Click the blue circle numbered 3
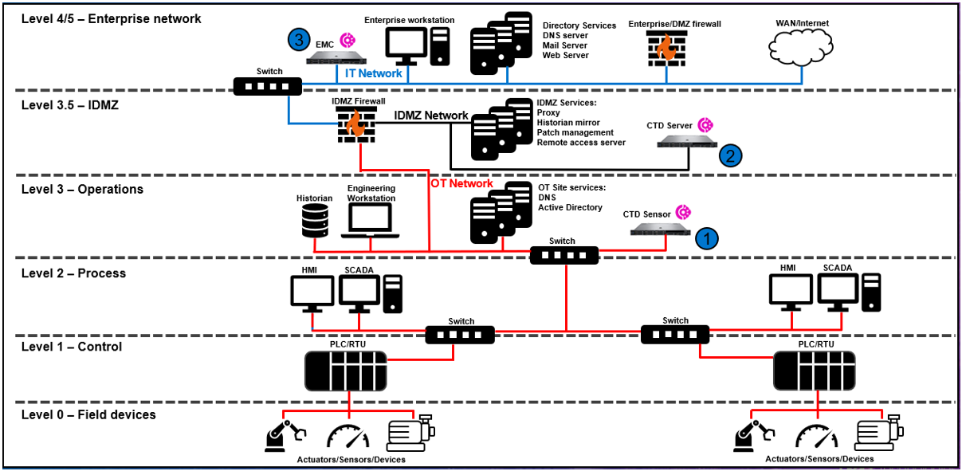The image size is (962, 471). click(x=298, y=39)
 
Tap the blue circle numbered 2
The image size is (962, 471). click(x=730, y=155)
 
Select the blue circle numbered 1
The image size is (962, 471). click(x=707, y=237)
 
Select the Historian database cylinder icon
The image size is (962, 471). click(x=315, y=221)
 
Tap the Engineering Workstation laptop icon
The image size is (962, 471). click(x=371, y=220)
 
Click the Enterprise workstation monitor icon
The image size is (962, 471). click(x=406, y=46)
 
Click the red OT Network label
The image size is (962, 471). click(x=461, y=183)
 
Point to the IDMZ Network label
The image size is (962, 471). click(x=431, y=116)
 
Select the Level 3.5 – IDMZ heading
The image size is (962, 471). click(x=70, y=104)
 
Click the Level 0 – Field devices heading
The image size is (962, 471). click(x=88, y=414)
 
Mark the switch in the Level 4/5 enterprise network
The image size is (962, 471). click(x=269, y=86)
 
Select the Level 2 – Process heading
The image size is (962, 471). click(x=73, y=273)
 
